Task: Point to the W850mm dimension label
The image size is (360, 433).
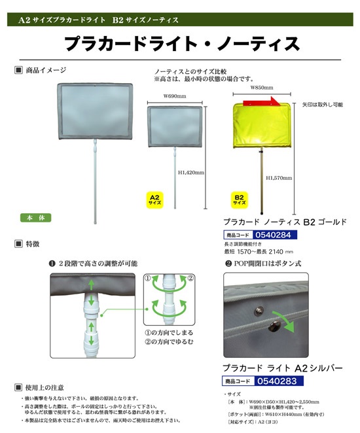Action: coord(261,88)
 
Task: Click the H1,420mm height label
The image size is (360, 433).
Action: coord(192,173)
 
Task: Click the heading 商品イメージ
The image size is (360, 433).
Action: coord(45,69)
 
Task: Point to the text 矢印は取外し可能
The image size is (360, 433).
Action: coord(322,104)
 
